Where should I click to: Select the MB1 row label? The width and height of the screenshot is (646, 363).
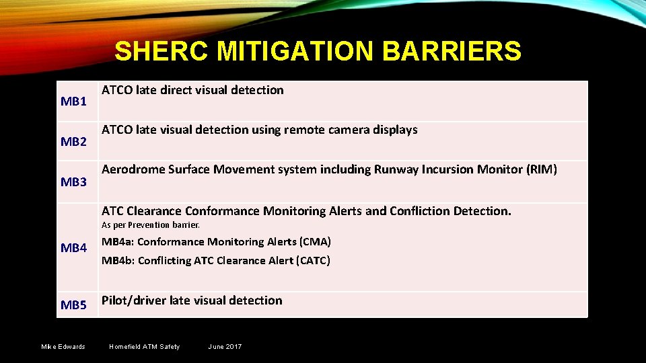pos(73,102)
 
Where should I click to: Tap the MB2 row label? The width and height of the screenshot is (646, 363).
pos(73,142)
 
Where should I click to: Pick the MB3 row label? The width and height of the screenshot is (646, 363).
pos(73,182)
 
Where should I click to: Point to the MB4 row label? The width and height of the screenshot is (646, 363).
pos(73,248)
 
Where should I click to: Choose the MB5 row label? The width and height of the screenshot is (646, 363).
pos(73,305)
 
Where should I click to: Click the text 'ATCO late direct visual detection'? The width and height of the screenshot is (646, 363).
pos(192,90)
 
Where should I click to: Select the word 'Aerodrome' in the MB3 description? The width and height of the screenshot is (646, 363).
pos(132,169)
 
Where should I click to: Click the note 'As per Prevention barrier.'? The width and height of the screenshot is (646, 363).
pos(151,225)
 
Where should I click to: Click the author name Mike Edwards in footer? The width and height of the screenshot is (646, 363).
pos(63,347)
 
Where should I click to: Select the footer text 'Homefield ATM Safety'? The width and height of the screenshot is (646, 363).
pos(145,347)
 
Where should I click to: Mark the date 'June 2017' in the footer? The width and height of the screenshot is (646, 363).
pos(225,347)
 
